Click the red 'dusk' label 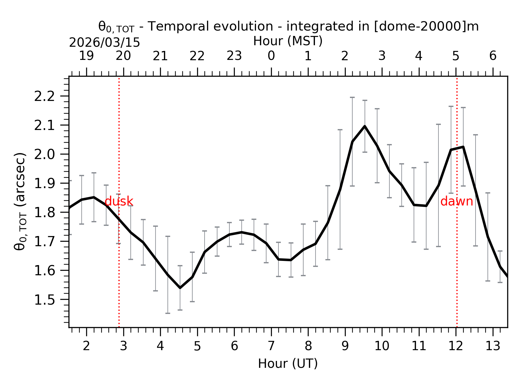(x=119, y=201)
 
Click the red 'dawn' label (x=456, y=201)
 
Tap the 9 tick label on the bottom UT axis (x=345, y=346)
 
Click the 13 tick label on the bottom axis (x=493, y=346)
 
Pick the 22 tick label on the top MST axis (x=197, y=56)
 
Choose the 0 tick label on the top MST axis (x=271, y=56)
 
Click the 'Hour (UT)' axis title (x=288, y=364)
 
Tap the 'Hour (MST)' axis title (x=288, y=41)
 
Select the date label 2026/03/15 (x=104, y=43)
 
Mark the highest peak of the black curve (x=365, y=126)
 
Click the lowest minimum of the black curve (x=180, y=288)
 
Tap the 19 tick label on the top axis (x=86, y=56)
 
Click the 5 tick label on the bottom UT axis (x=197, y=346)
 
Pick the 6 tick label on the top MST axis (x=493, y=56)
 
